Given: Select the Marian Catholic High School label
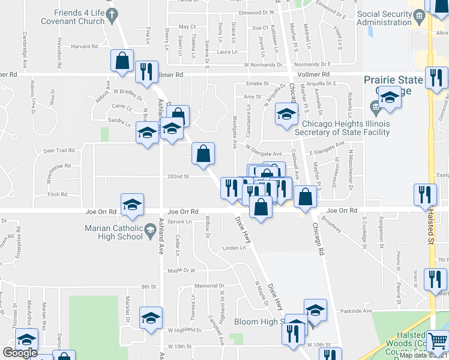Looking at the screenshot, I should (x=105, y=232).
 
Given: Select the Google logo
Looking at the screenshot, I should (x=20, y=353).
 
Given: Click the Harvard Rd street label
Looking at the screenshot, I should (x=84, y=46).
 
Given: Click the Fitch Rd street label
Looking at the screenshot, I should (x=57, y=194).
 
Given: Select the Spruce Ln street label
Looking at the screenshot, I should (x=179, y=221).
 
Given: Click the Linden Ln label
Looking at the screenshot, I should (x=234, y=247).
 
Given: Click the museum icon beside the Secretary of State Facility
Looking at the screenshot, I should (x=375, y=110).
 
